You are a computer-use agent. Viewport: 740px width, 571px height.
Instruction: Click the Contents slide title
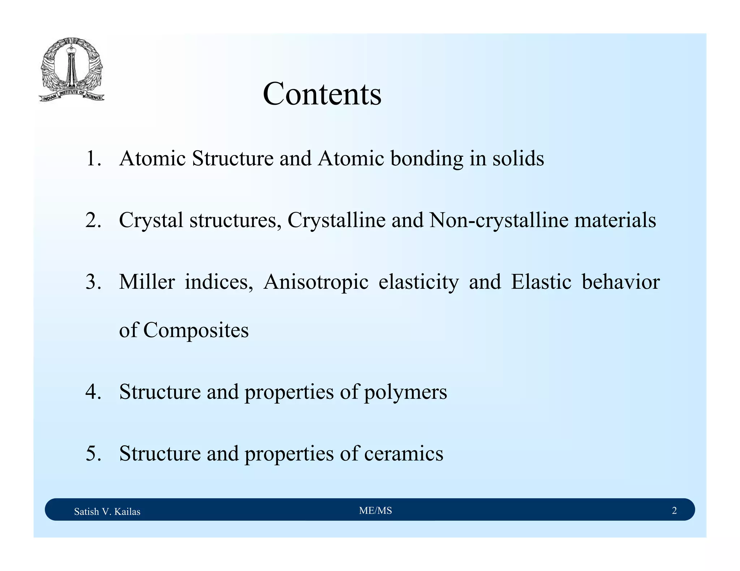click(x=322, y=94)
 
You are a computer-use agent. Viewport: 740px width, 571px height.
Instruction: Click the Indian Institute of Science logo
click(x=72, y=69)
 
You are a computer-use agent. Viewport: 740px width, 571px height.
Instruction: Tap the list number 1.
click(x=93, y=158)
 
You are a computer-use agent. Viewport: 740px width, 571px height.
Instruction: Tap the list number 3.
click(x=93, y=282)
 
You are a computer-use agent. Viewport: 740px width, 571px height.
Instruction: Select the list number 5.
click(x=93, y=453)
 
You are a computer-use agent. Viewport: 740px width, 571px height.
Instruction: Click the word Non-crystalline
click(x=499, y=220)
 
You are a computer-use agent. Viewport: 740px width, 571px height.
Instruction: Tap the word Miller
click(x=147, y=282)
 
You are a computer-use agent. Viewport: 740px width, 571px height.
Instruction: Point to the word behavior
click(x=620, y=282)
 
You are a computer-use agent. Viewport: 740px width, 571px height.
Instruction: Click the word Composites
click(x=195, y=330)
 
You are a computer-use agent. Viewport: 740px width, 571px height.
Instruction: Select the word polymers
click(x=405, y=392)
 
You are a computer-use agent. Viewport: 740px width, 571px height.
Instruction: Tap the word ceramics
click(x=403, y=453)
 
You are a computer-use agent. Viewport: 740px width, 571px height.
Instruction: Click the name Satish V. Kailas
click(x=107, y=511)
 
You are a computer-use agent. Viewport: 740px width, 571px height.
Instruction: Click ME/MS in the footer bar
click(x=375, y=510)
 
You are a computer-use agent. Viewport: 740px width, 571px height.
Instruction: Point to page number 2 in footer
click(x=674, y=510)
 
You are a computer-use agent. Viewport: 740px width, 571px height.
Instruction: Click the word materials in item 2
click(x=615, y=220)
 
